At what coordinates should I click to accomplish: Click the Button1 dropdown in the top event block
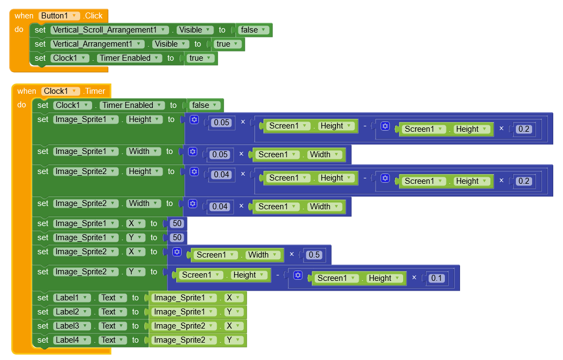coord(60,16)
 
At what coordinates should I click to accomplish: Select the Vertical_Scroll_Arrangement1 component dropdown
coord(109,30)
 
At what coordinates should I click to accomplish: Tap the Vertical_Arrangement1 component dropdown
coord(98,44)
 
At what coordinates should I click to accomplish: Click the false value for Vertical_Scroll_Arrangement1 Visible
coord(254,30)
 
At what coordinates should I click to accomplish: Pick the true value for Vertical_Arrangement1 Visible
coord(228,44)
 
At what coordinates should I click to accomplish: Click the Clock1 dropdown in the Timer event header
coord(60,91)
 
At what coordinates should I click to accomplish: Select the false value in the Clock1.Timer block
coord(205,105)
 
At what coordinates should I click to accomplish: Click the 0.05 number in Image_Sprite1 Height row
coord(221,123)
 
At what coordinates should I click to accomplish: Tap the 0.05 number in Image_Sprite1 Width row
coord(220,155)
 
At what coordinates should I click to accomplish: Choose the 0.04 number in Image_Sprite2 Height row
coord(221,175)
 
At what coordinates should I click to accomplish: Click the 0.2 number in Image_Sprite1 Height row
coord(523,129)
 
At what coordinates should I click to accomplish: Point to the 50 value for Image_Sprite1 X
coord(176,223)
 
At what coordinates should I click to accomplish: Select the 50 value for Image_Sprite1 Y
coord(176,237)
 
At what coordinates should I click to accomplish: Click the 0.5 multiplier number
coord(313,255)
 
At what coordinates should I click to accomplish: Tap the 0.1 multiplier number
coord(436,278)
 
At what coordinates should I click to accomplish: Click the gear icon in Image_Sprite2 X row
coord(177,252)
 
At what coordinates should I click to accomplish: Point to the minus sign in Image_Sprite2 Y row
coord(277,275)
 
